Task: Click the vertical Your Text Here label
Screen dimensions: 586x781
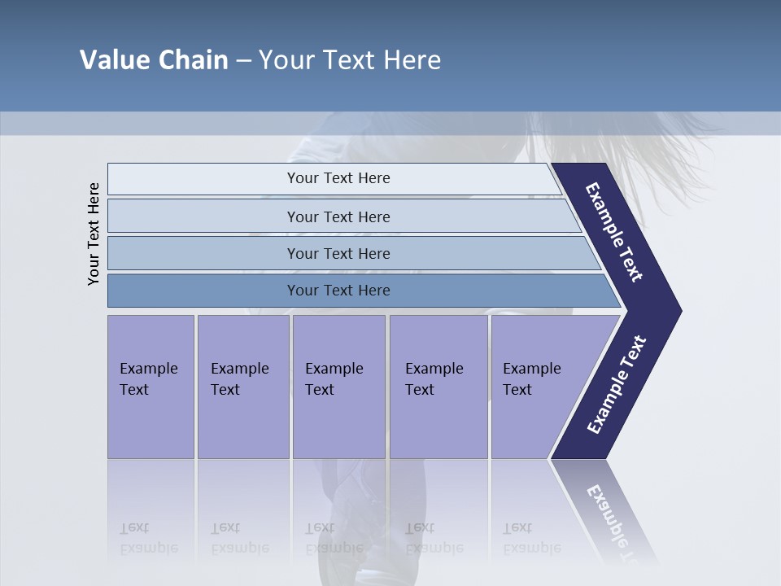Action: [x=94, y=234]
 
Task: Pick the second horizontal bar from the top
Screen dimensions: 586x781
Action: [x=338, y=216]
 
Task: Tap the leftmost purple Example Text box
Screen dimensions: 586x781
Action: [x=151, y=386]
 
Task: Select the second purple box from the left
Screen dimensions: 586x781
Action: [x=242, y=386]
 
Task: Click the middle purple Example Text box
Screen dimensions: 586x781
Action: [x=338, y=386]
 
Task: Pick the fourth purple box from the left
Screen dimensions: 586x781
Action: [x=438, y=386]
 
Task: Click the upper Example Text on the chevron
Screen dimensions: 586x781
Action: [x=615, y=232]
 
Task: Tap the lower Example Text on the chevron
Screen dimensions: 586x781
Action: [x=617, y=384]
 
